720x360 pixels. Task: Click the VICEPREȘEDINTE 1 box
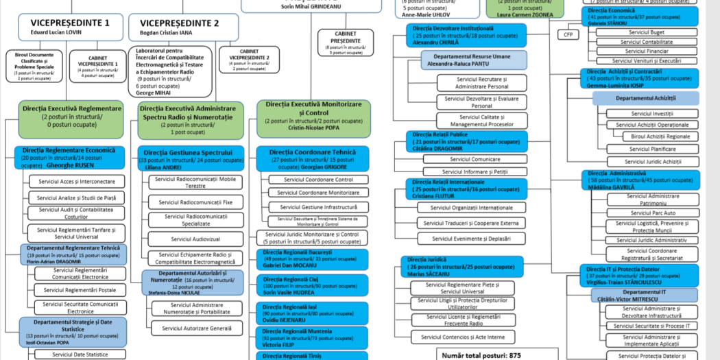tap(71, 27)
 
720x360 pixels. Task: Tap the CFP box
tap(567, 34)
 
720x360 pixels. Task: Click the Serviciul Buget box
tap(647, 32)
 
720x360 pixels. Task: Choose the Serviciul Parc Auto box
tap(652, 213)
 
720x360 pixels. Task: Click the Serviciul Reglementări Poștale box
tap(80, 290)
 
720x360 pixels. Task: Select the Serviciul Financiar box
tap(647, 51)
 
